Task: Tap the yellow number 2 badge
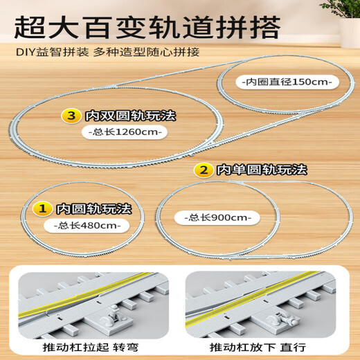coord(204,169)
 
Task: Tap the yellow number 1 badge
coord(44,206)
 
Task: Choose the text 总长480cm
coord(82,225)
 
